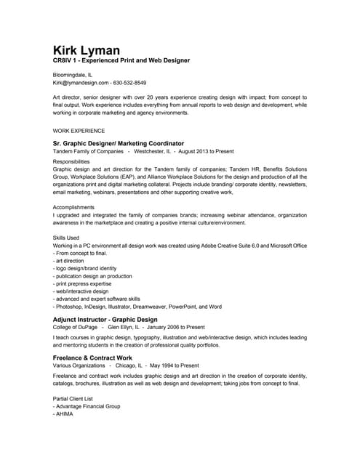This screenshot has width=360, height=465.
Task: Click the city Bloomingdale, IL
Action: [73, 75]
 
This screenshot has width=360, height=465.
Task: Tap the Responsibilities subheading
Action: [71, 161]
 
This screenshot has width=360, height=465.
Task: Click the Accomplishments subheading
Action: [74, 207]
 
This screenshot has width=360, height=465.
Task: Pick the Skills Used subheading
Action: [67, 238]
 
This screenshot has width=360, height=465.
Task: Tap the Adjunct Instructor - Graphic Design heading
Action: [105, 319]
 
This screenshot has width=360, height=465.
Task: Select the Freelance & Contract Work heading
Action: [93, 358]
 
